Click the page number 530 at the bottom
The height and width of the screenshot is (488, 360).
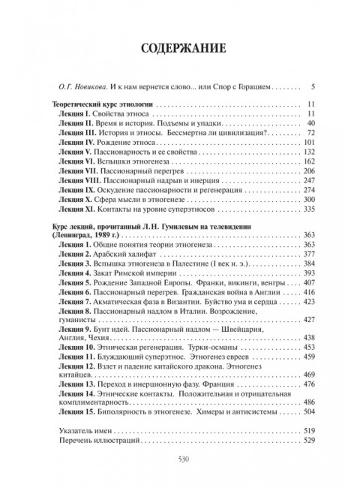click(x=180, y=460)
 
